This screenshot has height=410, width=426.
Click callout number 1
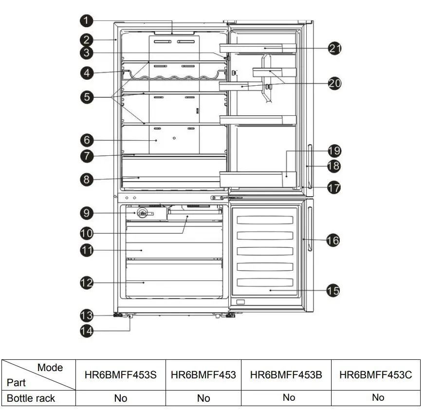click(x=86, y=20)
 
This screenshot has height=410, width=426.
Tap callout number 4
click(x=86, y=73)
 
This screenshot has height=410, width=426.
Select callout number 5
click(x=86, y=97)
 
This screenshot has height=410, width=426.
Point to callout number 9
click(x=86, y=213)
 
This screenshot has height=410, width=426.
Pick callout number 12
click(x=86, y=282)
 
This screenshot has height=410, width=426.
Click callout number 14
click(x=86, y=330)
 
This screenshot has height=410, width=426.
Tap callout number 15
click(x=333, y=291)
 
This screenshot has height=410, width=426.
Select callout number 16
click(x=333, y=240)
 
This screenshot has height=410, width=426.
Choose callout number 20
click(x=334, y=83)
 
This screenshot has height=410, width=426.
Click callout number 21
click(x=334, y=48)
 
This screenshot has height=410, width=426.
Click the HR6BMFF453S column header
click(x=121, y=374)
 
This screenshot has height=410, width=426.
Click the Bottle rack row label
click(x=31, y=398)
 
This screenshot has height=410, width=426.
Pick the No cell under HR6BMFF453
click(x=204, y=398)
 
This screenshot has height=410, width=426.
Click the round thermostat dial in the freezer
click(x=142, y=213)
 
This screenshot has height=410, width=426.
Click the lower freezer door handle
click(x=309, y=229)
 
